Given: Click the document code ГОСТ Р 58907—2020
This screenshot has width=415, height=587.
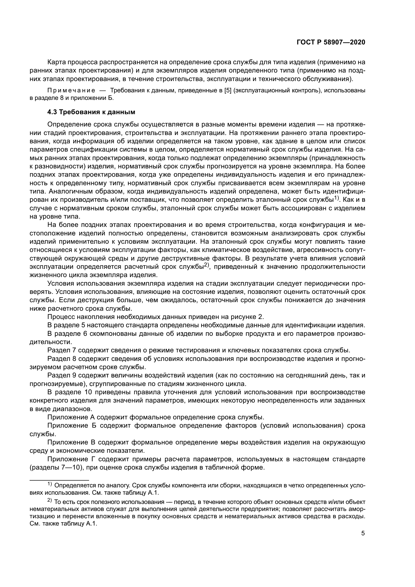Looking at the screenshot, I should click(331, 42).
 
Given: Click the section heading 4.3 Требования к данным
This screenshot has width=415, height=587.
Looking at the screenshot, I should click(91, 112).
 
